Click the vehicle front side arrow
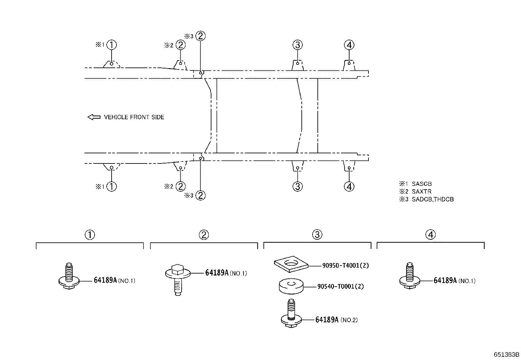[94, 117]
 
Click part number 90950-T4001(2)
[345, 265]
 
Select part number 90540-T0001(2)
[340, 286]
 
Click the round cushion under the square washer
[291, 286]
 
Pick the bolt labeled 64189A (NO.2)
[291, 313]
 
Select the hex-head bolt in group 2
[178, 280]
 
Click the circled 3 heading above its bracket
[317, 235]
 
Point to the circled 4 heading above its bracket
[431, 235]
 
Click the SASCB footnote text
[422, 184]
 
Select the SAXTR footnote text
[422, 191]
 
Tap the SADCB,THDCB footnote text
[433, 199]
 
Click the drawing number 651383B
[507, 354]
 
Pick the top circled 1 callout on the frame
[112, 45]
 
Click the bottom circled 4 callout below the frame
[349, 186]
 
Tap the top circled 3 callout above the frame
[298, 45]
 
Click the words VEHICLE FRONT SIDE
[134, 117]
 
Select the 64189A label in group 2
[217, 273]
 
